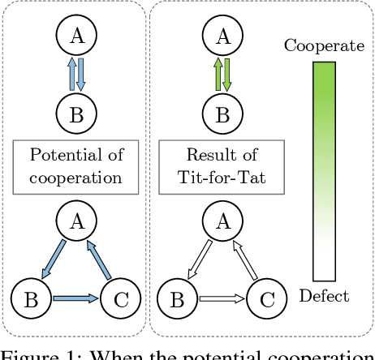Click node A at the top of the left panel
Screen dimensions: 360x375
[x=75, y=35]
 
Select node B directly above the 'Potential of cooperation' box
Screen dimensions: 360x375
[x=75, y=114]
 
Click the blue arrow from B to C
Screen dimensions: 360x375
[x=76, y=298]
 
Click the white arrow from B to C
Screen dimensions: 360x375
[x=217, y=298]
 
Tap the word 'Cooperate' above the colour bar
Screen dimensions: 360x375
[x=323, y=45]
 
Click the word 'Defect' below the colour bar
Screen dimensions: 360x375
[x=323, y=297]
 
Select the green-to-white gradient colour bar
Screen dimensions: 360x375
[x=324, y=171]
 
